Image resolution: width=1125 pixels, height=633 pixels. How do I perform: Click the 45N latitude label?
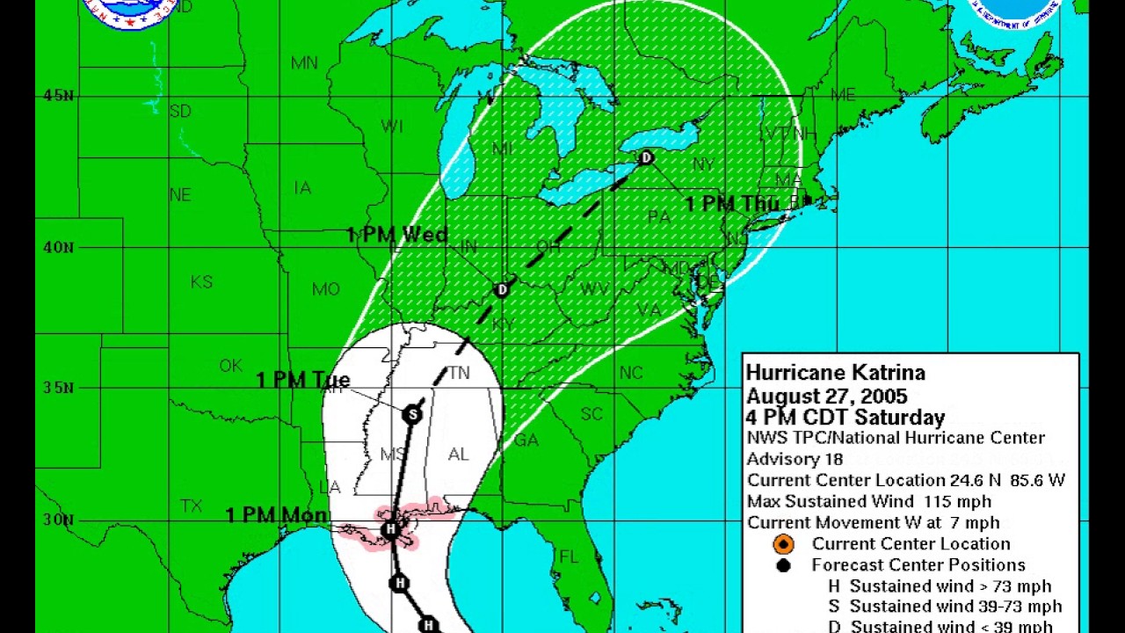pyautogui.click(x=58, y=95)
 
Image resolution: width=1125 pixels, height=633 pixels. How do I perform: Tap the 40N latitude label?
pyautogui.click(x=58, y=247)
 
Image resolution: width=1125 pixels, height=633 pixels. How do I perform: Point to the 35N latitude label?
pyautogui.click(x=58, y=387)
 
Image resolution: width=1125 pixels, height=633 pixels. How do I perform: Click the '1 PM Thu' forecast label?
pyautogui.click(x=732, y=204)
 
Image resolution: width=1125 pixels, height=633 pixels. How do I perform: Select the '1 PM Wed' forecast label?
pyautogui.click(x=397, y=235)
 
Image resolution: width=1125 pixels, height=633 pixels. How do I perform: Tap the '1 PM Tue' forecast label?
pyautogui.click(x=303, y=380)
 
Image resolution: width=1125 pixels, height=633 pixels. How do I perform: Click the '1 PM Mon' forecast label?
pyautogui.click(x=277, y=515)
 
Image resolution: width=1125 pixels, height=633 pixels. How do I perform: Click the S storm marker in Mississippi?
pyautogui.click(x=412, y=414)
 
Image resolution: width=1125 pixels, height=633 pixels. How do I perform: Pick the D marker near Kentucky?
pyautogui.click(x=502, y=289)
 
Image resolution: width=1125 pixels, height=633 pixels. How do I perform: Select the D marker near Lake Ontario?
pyautogui.click(x=647, y=158)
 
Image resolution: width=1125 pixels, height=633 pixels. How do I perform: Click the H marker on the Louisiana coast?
pyautogui.click(x=391, y=528)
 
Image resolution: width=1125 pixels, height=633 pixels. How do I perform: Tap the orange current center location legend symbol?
pyautogui.click(x=783, y=544)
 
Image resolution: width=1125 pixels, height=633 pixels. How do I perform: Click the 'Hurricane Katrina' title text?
pyautogui.click(x=835, y=373)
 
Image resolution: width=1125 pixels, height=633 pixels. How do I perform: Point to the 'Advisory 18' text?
pyautogui.click(x=795, y=459)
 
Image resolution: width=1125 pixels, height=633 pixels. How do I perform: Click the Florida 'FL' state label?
pyautogui.click(x=570, y=557)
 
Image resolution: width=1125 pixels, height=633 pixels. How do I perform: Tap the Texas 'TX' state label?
pyautogui.click(x=192, y=506)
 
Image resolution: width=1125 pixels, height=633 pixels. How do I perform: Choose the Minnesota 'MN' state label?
pyautogui.click(x=304, y=63)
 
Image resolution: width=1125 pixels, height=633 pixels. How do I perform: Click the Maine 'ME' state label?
pyautogui.click(x=843, y=95)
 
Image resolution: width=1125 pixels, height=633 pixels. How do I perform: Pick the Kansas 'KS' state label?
pyautogui.click(x=202, y=282)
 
